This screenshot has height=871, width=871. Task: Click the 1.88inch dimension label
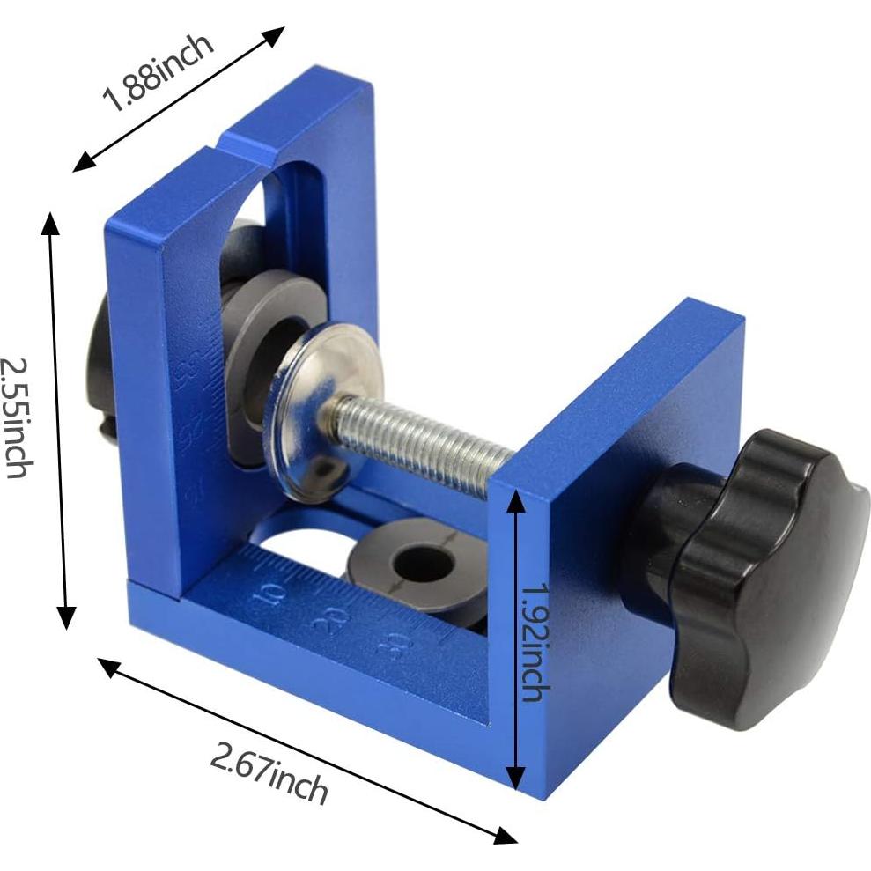pyautogui.click(x=159, y=74)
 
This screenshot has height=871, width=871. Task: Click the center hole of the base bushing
pyautogui.click(x=422, y=563)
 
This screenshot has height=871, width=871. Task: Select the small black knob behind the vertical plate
pyautogui.click(x=102, y=370)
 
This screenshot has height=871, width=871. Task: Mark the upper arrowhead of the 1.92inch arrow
pyautogui.click(x=516, y=498)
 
